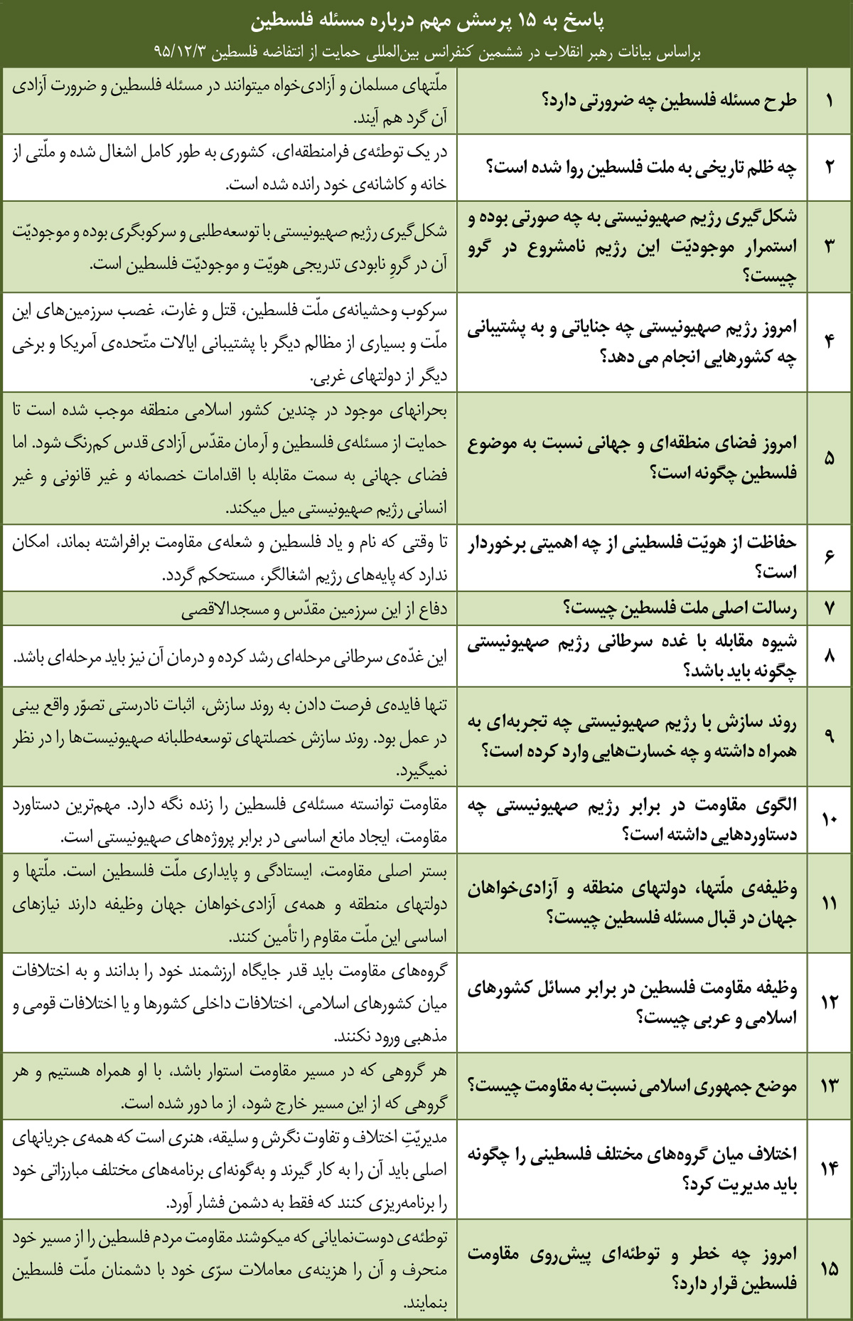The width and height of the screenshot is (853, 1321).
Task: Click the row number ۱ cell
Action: [829, 100]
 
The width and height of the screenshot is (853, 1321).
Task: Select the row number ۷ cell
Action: [829, 609]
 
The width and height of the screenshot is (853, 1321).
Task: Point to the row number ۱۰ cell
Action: [829, 819]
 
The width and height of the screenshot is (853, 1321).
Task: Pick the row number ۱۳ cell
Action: [829, 1086]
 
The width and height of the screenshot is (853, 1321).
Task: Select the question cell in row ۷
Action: [632, 609]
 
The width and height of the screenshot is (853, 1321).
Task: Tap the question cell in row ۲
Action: [632, 167]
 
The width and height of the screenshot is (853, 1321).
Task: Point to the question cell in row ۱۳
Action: [632, 1086]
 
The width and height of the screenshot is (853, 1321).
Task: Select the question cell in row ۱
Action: [632, 100]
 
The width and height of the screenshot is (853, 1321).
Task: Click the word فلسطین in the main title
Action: [278, 22]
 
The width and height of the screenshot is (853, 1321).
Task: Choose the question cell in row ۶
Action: [632, 558]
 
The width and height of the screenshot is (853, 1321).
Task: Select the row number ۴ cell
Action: [829, 341]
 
